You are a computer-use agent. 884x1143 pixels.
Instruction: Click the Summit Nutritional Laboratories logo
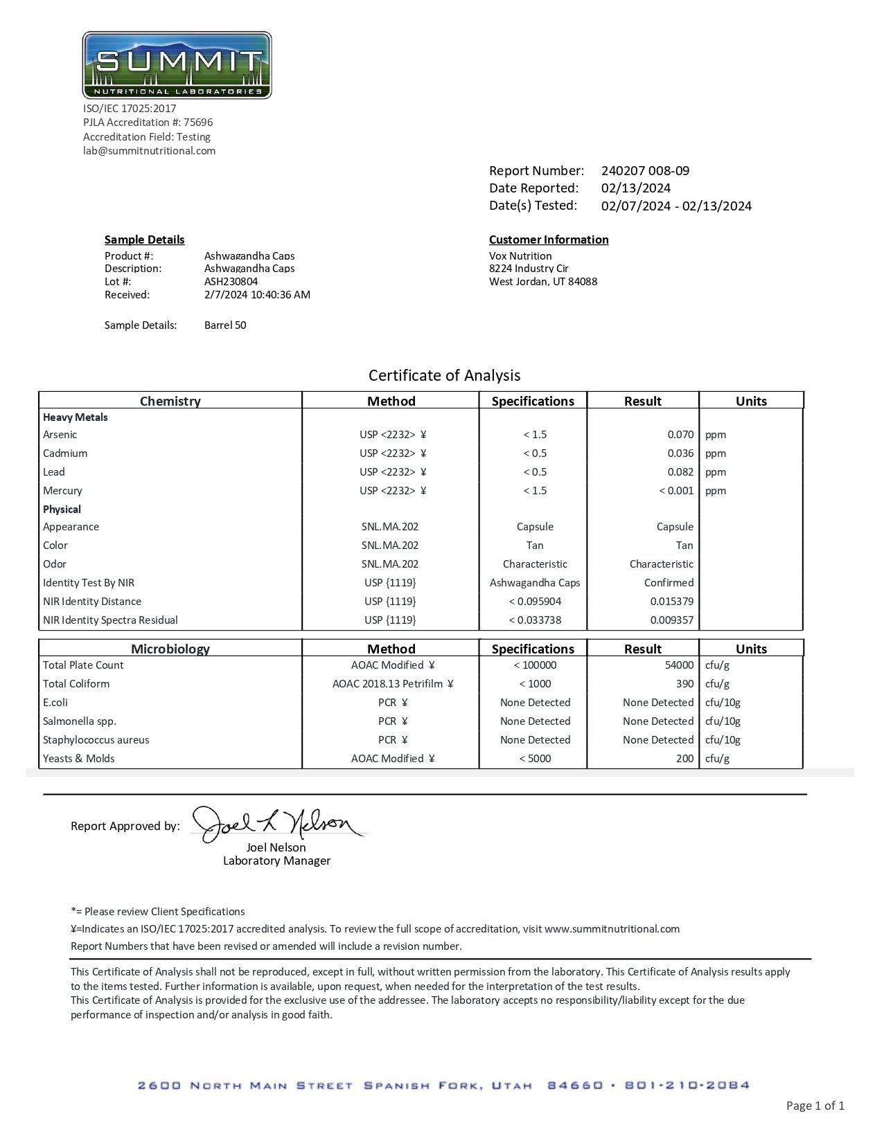pyautogui.click(x=177, y=65)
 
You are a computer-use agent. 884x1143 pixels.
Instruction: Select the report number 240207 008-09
pyautogui.click(x=645, y=171)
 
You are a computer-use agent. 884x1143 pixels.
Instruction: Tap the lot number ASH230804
pyautogui.click(x=231, y=282)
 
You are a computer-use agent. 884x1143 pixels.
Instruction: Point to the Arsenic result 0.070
pyautogui.click(x=680, y=435)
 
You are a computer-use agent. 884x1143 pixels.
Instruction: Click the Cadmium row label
pyautogui.click(x=65, y=453)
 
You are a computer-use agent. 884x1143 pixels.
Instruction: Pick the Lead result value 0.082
pyautogui.click(x=680, y=472)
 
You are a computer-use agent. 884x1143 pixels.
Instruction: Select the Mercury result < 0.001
pyautogui.click(x=676, y=491)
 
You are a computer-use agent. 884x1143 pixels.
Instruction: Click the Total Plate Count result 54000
pyautogui.click(x=679, y=665)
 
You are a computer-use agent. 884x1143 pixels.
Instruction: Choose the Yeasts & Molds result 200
pyautogui.click(x=684, y=759)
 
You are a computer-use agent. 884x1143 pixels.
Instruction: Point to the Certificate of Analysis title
pyautogui.click(x=444, y=375)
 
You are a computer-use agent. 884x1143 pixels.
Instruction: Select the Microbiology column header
pyautogui.click(x=170, y=649)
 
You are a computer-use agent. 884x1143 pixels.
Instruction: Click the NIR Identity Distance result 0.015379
pyautogui.click(x=671, y=602)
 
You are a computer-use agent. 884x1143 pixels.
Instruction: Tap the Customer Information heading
pyautogui.click(x=549, y=240)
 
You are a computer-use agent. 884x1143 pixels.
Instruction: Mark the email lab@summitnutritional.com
pyautogui.click(x=149, y=151)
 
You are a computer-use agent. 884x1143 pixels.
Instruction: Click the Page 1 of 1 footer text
pyautogui.click(x=815, y=1106)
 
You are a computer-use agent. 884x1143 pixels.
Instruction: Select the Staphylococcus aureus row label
pyautogui.click(x=96, y=740)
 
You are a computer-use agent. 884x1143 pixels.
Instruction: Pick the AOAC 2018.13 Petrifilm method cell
pyautogui.click(x=392, y=684)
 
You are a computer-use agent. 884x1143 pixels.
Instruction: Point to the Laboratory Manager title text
pyautogui.click(x=276, y=861)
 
